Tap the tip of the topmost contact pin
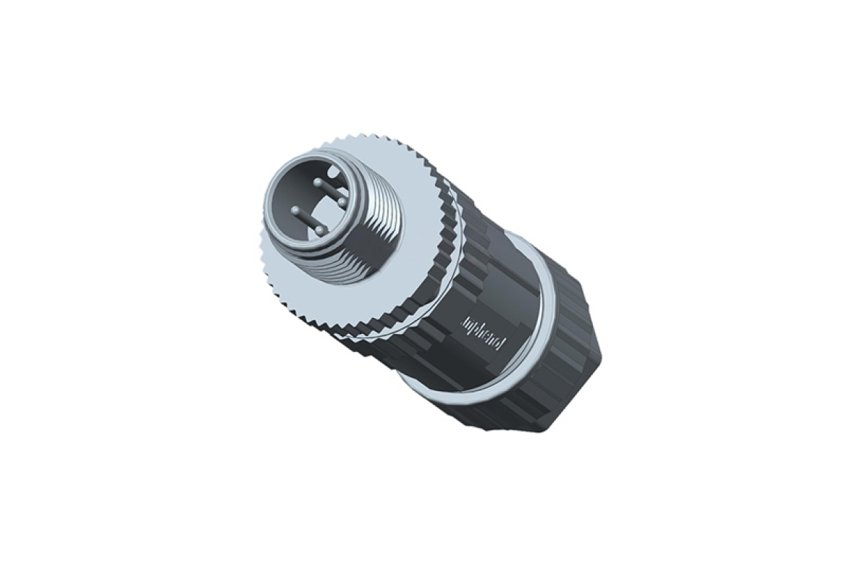[317, 182]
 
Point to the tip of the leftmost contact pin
[295, 211]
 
